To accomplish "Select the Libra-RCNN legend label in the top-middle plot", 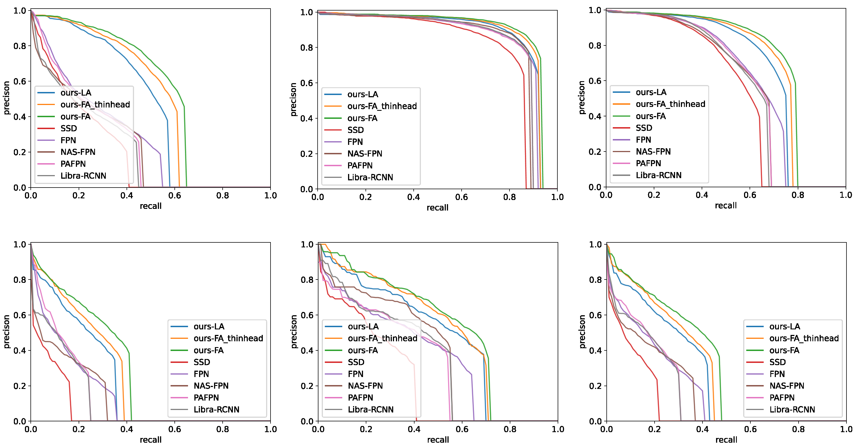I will tap(370, 177).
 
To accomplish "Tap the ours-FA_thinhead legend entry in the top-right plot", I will tap(670, 104).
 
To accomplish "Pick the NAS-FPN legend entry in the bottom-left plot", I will tap(211, 386).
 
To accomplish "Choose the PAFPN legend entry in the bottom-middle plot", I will tap(360, 398).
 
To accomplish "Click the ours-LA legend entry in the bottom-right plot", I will tap(784, 327).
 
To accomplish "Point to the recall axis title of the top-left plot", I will tap(150, 206).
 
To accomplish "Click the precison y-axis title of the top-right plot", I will tap(581, 98).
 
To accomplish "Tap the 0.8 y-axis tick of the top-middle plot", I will tap(307, 48).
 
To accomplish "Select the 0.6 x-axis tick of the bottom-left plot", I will tap(174, 429).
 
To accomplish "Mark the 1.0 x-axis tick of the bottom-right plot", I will tap(846, 429).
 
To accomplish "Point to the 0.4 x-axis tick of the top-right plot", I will tap(702, 195).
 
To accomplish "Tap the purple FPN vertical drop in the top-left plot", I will tap(161, 170).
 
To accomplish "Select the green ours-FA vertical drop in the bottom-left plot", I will tap(130, 386).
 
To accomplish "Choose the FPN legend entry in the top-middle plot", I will tap(355, 142).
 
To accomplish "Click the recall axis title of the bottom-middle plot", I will tap(438, 440).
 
